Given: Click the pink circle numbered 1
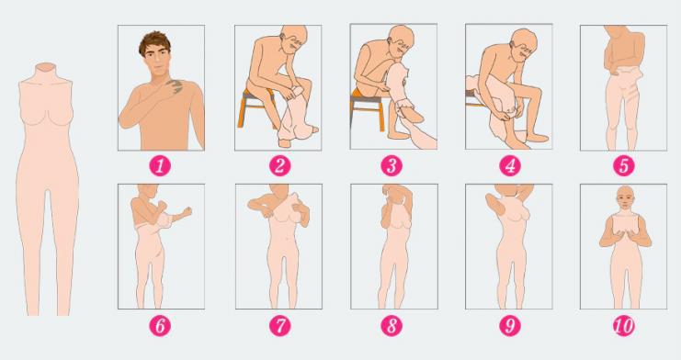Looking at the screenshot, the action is pos(160,165).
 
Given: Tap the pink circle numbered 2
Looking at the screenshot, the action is pos(279,165).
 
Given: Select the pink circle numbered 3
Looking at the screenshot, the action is pos(392,165).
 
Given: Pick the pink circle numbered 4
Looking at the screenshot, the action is pos(510,165).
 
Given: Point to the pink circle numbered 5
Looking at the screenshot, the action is pos(624,165).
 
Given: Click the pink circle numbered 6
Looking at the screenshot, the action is pos(160,326).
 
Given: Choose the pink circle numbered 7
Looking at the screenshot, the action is pos(279,326).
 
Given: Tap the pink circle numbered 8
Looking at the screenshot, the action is pos(392,326).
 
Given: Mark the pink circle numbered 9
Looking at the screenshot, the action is pos(510,326).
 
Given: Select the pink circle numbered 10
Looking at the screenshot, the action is pos(624,326).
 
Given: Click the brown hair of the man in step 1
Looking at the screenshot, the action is pos(154,41).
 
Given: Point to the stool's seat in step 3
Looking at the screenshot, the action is pos(367,96).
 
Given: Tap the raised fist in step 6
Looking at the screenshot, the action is pos(187,212).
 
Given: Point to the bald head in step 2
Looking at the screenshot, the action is pos(293,37).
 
